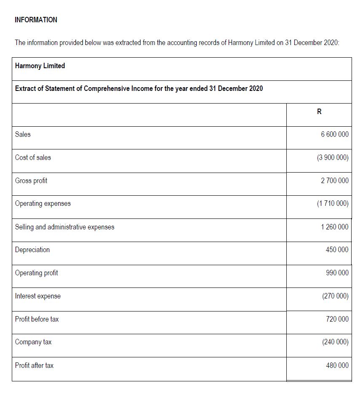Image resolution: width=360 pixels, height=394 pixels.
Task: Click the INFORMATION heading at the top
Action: pyautogui.click(x=36, y=20)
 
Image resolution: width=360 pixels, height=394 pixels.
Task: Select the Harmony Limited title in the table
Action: pyautogui.click(x=40, y=66)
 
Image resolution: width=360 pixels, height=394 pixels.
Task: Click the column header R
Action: pyautogui.click(x=319, y=112)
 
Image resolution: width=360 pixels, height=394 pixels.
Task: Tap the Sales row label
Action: pyautogui.click(x=23, y=134)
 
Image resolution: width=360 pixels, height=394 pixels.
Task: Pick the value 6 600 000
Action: pyautogui.click(x=334, y=134)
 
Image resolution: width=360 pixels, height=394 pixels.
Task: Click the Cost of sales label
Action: pyautogui.click(x=33, y=157)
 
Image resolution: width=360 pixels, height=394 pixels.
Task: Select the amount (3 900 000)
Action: pyautogui.click(x=333, y=157)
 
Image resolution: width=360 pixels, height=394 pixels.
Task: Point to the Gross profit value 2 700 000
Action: pyautogui.click(x=334, y=181)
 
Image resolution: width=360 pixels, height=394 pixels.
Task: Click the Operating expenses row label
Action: pyautogui.click(x=43, y=203)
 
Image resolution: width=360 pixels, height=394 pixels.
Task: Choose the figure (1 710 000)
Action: pyautogui.click(x=333, y=204)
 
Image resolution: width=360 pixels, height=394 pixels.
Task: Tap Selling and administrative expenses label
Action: pyautogui.click(x=64, y=227)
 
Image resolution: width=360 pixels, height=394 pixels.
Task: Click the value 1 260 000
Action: pyautogui.click(x=334, y=227)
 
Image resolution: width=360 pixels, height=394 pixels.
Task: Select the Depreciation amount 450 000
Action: pyautogui.click(x=337, y=250)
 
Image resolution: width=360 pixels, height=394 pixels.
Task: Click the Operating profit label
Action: pyautogui.click(x=37, y=273)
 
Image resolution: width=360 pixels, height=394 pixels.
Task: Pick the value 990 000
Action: pyautogui.click(x=337, y=273)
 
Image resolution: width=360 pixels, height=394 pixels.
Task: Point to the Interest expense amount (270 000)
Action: pyautogui.click(x=335, y=296)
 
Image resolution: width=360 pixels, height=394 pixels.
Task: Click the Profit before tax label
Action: pyautogui.click(x=37, y=319)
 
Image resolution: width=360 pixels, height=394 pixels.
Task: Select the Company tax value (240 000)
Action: pyautogui.click(x=335, y=342)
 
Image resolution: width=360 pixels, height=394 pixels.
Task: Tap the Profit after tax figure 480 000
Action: pyautogui.click(x=337, y=365)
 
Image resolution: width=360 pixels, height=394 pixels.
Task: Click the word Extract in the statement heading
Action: pyautogui.click(x=25, y=88)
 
